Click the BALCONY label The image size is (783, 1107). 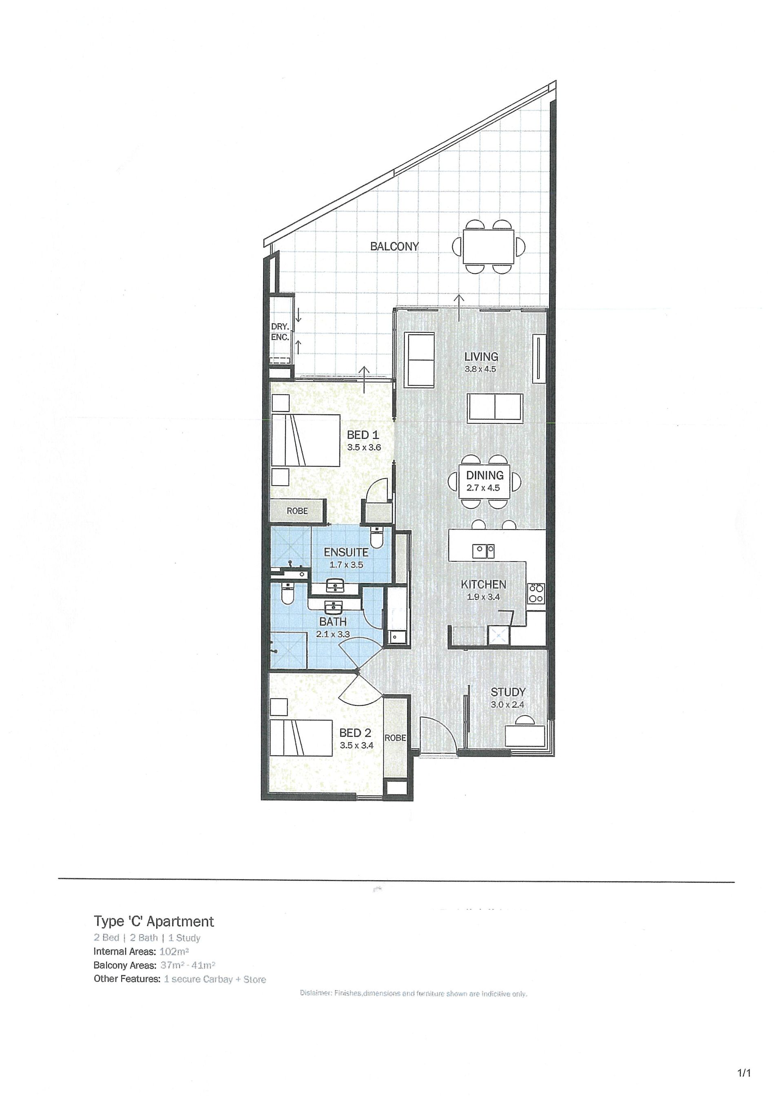click(x=394, y=246)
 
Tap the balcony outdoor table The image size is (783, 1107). click(x=489, y=246)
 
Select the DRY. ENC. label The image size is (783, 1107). click(x=280, y=332)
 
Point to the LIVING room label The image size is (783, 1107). click(x=481, y=357)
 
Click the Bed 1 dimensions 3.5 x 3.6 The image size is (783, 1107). click(x=364, y=447)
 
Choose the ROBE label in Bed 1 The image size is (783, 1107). click(x=297, y=510)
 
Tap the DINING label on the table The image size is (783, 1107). click(x=484, y=475)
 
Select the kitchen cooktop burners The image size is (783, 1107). click(x=537, y=592)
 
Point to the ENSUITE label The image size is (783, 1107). click(x=346, y=552)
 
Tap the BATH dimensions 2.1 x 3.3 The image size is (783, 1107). click(x=333, y=634)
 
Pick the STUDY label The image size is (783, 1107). click(x=508, y=692)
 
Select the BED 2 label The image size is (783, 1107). click(x=355, y=733)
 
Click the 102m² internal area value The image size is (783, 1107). click(x=174, y=952)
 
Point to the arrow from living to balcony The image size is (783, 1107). click(x=458, y=307)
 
